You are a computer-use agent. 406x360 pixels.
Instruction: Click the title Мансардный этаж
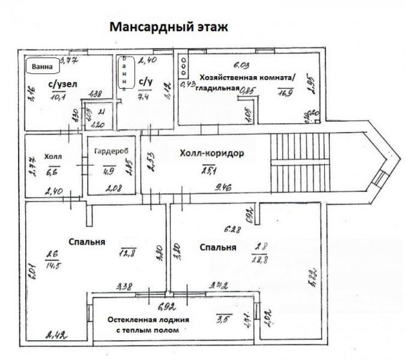click(169, 27)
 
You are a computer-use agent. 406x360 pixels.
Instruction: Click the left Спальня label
click(87, 242)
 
